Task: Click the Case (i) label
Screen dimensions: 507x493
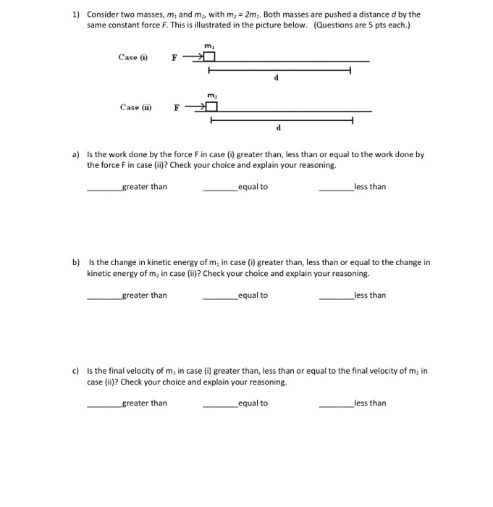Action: coord(132,57)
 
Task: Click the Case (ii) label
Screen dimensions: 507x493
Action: coord(135,107)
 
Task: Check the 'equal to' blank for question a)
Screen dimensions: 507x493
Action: coord(220,188)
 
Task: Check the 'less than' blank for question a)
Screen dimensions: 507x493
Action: coord(336,188)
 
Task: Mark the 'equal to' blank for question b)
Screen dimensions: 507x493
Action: coord(220,297)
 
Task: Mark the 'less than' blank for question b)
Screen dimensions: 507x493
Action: coord(336,297)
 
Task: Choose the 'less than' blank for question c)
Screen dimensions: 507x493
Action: coord(336,405)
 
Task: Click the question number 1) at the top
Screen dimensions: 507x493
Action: coord(75,14)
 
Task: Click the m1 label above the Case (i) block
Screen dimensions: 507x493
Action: coord(209,45)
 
